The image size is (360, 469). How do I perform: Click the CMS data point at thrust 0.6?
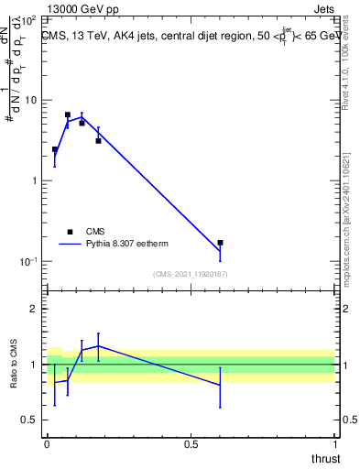(x=220, y=243)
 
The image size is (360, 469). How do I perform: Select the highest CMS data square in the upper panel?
(x=68, y=115)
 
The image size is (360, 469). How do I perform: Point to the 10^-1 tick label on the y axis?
(x=28, y=261)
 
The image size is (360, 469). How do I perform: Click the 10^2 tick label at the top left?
(x=28, y=18)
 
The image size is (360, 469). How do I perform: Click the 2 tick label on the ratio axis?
(x=34, y=309)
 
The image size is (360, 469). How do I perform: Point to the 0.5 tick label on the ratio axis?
(x=29, y=420)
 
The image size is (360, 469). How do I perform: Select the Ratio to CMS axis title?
(x=15, y=365)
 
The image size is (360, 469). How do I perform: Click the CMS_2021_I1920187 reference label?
(x=190, y=274)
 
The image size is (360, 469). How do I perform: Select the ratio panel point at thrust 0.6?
(x=220, y=385)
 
